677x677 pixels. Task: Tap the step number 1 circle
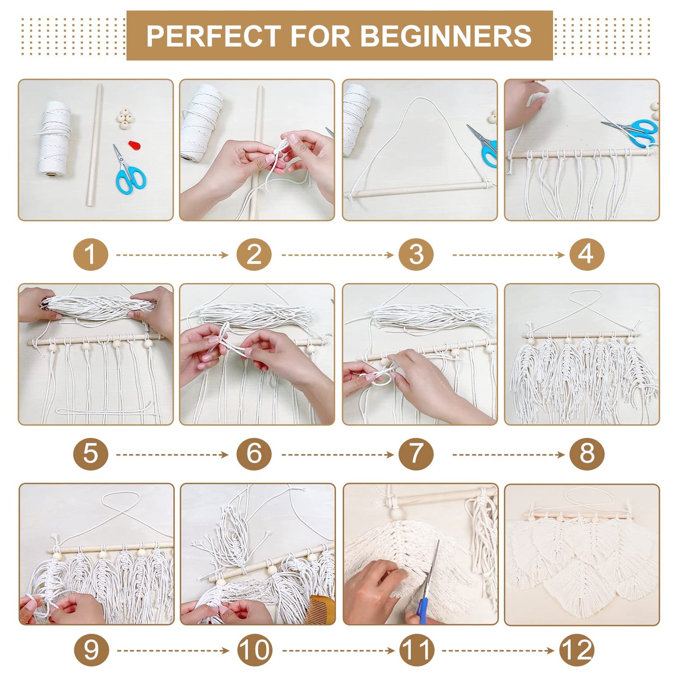click(x=91, y=255)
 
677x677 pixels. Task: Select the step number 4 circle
click(x=586, y=255)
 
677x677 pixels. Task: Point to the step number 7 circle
click(x=416, y=454)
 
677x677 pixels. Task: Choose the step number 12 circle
click(x=577, y=650)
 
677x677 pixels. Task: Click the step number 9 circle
click(x=91, y=650)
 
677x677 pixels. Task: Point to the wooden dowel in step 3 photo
click(x=420, y=190)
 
